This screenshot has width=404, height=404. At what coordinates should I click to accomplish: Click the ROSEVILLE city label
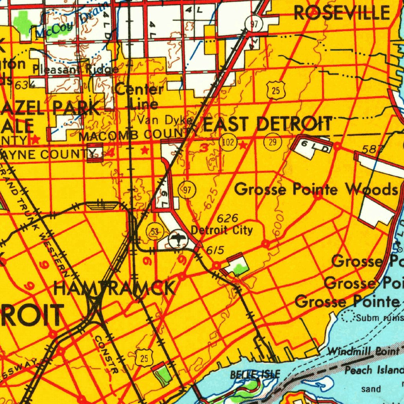[x=342, y=13]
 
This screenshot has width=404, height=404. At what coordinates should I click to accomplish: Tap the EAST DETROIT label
[x=267, y=123]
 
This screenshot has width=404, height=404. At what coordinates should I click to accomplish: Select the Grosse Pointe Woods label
[x=316, y=190]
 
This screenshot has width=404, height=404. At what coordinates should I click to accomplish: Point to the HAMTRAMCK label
[x=114, y=288]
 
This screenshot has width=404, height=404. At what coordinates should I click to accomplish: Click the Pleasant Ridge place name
[x=76, y=70]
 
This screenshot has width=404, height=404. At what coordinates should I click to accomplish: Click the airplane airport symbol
[x=177, y=239]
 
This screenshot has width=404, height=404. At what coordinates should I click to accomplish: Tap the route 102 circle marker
[x=228, y=142]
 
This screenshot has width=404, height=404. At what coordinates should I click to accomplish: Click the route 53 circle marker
[x=153, y=232]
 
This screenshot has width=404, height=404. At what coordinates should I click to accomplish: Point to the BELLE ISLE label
[x=255, y=374]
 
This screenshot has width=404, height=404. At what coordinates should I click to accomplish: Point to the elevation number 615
[x=215, y=250]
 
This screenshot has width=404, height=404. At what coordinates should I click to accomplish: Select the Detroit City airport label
[x=222, y=230]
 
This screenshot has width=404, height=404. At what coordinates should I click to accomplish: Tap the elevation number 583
[x=371, y=149]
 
